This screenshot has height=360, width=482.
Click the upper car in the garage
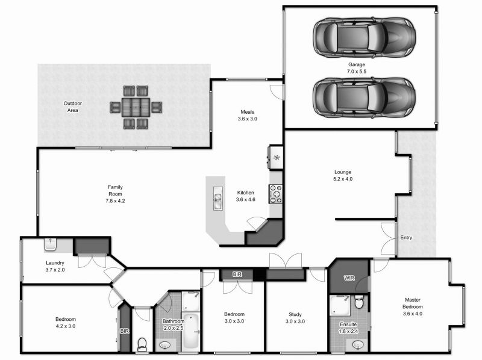[365, 37]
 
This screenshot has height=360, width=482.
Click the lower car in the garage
[365, 98]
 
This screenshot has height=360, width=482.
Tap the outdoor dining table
[136, 107]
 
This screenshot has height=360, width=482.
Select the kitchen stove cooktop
[275, 194]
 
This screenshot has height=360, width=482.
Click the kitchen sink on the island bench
[218, 198]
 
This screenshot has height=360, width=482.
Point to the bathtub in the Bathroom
[191, 331]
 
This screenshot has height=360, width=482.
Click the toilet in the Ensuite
[358, 302]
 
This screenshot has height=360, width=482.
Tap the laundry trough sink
[50, 244]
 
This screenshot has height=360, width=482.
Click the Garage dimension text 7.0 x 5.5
[357, 72]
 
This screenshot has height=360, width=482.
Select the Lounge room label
[343, 172]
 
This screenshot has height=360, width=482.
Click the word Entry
[406, 237]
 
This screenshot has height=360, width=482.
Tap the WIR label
[349, 278]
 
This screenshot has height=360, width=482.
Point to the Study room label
[295, 314]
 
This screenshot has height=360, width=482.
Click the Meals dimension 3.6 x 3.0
[248, 119]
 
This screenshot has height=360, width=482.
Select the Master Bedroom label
[413, 303]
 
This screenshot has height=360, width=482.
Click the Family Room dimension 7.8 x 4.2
[115, 201]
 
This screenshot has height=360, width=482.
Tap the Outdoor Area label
[72, 107]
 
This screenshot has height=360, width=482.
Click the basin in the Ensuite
[357, 345]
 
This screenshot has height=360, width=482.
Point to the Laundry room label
[55, 263]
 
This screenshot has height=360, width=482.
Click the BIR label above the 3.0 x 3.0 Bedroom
[237, 275]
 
